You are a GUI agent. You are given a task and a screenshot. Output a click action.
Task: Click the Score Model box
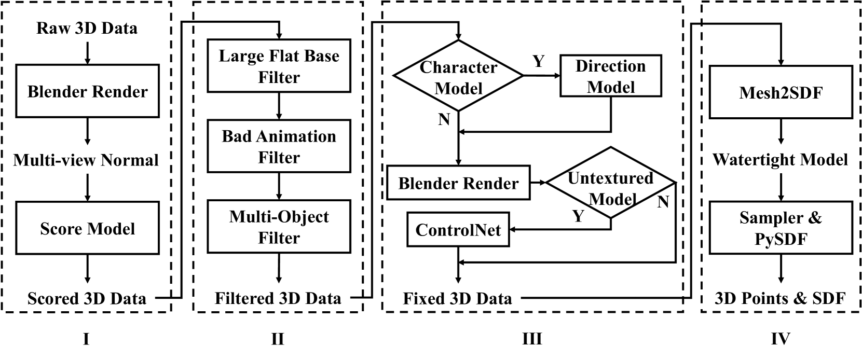coord(87,228)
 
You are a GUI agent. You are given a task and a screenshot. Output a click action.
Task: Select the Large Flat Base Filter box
coord(279,66)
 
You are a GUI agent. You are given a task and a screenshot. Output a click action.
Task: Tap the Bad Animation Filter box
coord(279,146)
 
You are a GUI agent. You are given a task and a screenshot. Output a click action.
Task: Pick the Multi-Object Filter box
coord(279,227)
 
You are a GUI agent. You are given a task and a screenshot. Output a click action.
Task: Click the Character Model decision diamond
coord(458,76)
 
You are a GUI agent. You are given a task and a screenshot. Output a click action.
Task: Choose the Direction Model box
coord(611,76)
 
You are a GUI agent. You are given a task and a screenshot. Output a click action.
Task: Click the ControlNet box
coord(458,229)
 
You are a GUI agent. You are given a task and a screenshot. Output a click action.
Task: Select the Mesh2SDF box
coord(781,92)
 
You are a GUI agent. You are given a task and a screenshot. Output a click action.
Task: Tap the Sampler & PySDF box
coord(781,228)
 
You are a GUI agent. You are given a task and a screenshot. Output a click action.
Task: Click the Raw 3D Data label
coord(87,27)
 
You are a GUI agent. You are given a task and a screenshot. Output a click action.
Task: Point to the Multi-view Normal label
coord(86,160)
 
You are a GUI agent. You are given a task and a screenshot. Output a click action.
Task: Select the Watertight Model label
coord(780,159)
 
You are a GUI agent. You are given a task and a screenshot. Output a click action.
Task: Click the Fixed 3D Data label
coord(457,298)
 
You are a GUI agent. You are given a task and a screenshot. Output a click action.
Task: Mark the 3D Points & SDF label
coord(780,298)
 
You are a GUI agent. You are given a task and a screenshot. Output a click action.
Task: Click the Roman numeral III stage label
coord(532,339)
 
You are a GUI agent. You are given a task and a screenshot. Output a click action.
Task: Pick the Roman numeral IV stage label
coord(780,339)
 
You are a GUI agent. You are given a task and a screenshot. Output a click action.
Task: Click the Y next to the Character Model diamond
coord(539,62)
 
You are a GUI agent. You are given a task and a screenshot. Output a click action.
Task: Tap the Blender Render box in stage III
coord(458,183)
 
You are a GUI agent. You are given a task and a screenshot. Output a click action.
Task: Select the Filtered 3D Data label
coord(278,298)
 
